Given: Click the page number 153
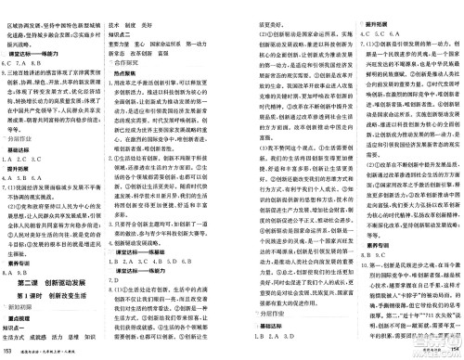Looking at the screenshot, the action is click(x=9, y=352).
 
